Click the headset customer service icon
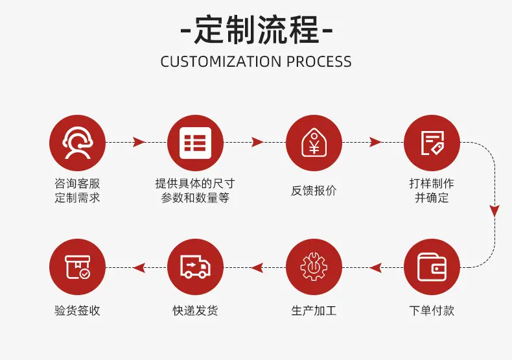pyautogui.click(x=77, y=143)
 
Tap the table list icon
pyautogui.click(x=195, y=143)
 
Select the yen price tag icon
pyautogui.click(x=314, y=143)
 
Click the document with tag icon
pyautogui.click(x=432, y=143)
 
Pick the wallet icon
pyautogui.click(x=432, y=267)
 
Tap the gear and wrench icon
pyautogui.click(x=314, y=267)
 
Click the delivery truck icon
pyautogui.click(x=195, y=267)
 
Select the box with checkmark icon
pyautogui.click(x=77, y=267)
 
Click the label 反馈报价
pyautogui.click(x=314, y=191)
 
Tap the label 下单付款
pyautogui.click(x=432, y=310)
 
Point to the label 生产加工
pyautogui.click(x=314, y=310)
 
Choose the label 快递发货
pyautogui.click(x=195, y=310)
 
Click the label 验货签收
pyautogui.click(x=77, y=310)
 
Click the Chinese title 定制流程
pyautogui.click(x=257, y=30)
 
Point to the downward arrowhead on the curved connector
pyautogui.click(x=495, y=211)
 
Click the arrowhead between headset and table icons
pyautogui.click(x=139, y=142)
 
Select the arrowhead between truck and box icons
pyautogui.click(x=139, y=268)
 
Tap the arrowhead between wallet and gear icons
pyautogui.click(x=375, y=268)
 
